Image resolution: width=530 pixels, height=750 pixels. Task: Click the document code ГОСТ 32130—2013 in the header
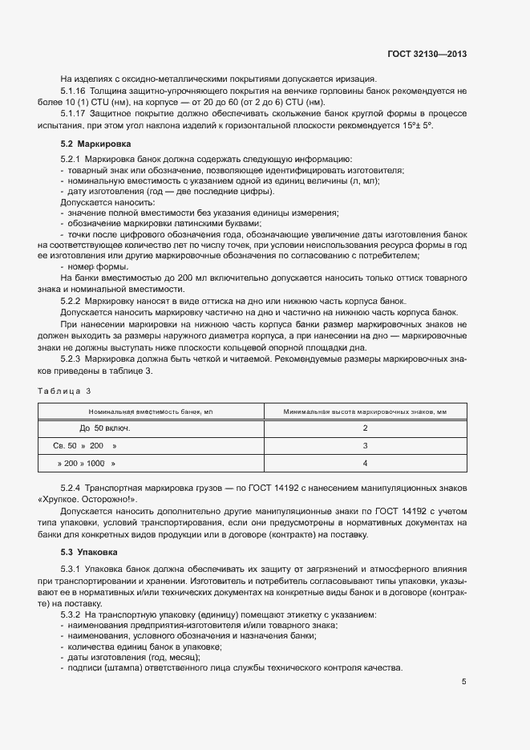coord(427,55)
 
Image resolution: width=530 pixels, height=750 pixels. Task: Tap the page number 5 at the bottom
coord(464,682)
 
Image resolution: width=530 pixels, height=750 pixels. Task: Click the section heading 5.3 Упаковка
coord(89,553)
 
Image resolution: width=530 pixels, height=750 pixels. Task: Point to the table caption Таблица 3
coord(65,391)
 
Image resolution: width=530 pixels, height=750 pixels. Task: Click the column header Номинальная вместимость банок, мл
coord(151,411)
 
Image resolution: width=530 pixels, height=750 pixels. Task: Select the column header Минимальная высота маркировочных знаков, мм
coord(365,411)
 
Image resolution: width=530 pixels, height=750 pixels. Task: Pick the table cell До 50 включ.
coord(104,428)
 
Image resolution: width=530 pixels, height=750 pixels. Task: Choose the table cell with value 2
coord(365,428)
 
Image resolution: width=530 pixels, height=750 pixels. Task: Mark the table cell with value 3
coord(365,445)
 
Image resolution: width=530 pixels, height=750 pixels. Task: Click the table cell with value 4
coord(365,463)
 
